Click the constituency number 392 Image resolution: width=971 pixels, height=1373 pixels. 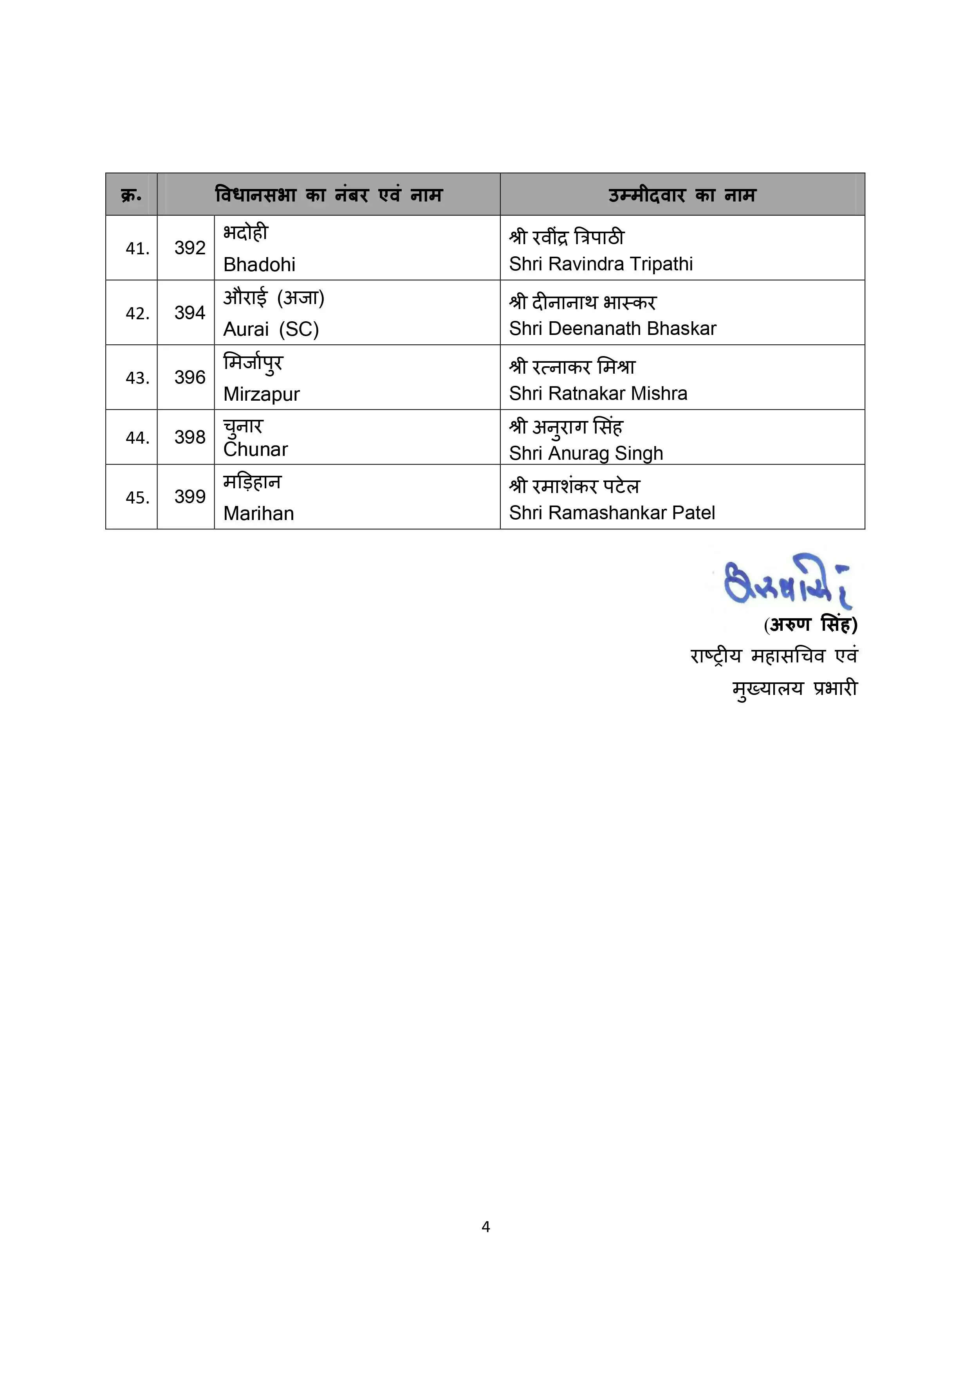coord(190,248)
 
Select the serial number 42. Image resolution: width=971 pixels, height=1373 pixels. coord(137,313)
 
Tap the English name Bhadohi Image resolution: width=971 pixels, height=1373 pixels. coord(259,265)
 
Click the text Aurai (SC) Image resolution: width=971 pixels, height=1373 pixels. coord(271,329)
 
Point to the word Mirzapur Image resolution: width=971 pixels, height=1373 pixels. coord(262,394)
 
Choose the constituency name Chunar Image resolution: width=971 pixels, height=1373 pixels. coord(255,449)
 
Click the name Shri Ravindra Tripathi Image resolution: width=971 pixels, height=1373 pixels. coord(601,264)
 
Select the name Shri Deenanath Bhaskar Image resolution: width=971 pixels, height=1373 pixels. coord(613,328)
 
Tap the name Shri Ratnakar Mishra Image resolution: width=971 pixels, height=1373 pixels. coord(598,394)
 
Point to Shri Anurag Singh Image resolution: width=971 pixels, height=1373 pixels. coord(586,453)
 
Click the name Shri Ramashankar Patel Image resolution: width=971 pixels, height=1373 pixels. coord(612,513)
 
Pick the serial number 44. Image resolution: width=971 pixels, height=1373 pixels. coord(137,438)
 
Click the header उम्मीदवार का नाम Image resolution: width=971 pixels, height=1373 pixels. coord(682,195)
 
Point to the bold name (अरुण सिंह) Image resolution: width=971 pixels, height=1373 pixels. coord(810,625)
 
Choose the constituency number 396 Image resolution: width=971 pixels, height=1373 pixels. coord(190,377)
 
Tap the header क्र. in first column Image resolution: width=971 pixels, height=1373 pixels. coord(131,195)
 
